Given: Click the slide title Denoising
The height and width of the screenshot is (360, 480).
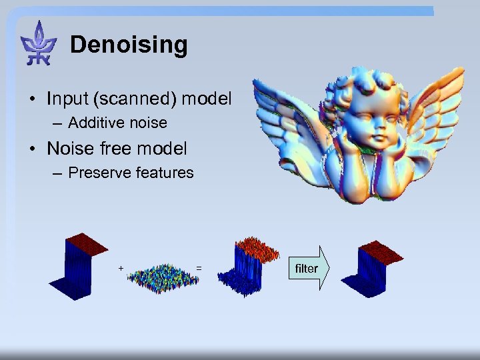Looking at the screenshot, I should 129,45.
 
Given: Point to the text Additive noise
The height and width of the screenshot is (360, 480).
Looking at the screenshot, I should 117,123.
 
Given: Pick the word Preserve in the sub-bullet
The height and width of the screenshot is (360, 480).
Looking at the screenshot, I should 99,173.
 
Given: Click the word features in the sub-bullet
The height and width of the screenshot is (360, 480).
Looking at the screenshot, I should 164,173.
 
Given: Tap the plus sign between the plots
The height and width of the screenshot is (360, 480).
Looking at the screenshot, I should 121,267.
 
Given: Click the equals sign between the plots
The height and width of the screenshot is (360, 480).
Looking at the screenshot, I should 199,268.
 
